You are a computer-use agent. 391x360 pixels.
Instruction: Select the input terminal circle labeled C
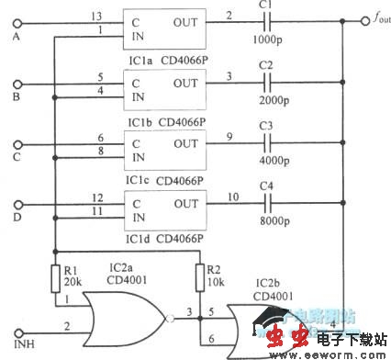[16, 142]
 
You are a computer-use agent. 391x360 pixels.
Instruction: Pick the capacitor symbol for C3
[266, 142]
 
